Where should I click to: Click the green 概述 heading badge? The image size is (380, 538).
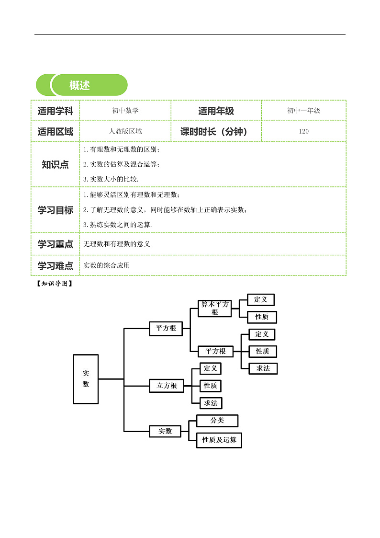click(81, 85)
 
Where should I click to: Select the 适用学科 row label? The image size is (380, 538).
click(55, 111)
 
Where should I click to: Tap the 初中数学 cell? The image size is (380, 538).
click(125, 111)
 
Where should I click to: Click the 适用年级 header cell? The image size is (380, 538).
click(216, 111)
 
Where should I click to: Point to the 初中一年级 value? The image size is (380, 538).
click(303, 111)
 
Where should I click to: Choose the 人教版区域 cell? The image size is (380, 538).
click(125, 131)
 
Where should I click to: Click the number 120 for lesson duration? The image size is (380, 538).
click(303, 131)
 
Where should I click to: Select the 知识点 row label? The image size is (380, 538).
click(55, 164)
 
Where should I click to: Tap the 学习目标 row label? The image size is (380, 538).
click(55, 210)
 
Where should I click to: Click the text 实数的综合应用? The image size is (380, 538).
click(107, 265)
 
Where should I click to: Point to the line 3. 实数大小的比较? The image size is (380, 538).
click(111, 179)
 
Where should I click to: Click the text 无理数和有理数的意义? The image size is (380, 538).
click(116, 244)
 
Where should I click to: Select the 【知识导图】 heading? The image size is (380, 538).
click(55, 284)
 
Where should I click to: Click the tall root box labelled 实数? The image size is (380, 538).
click(86, 379)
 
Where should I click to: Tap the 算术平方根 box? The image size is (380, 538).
click(215, 308)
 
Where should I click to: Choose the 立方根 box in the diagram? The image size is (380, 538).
click(167, 386)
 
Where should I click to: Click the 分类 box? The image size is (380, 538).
click(217, 420)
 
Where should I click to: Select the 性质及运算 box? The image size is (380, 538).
click(219, 440)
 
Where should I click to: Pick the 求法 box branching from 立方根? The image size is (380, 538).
click(211, 403)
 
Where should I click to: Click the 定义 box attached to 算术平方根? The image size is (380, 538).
click(261, 299)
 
